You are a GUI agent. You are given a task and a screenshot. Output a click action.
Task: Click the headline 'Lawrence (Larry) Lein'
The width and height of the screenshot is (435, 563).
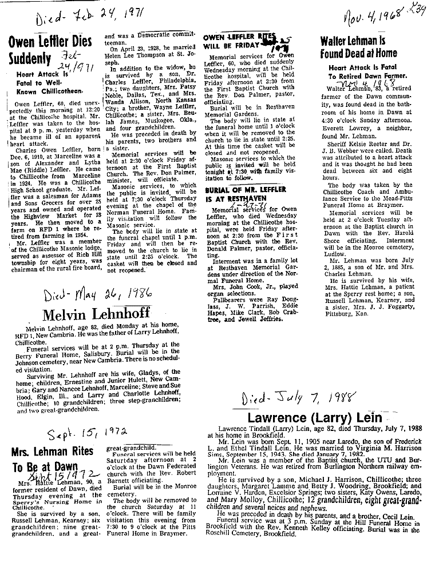304,418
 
